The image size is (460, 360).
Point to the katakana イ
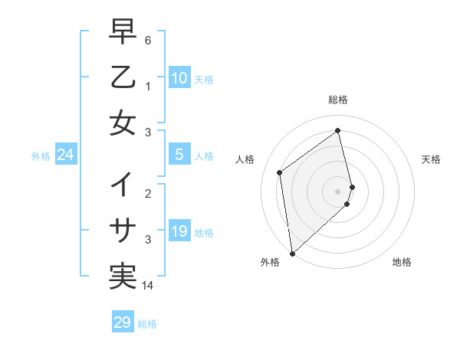tap(123, 185)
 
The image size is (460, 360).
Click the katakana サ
tap(123, 231)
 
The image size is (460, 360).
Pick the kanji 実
tap(123, 277)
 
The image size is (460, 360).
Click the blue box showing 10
tap(179, 77)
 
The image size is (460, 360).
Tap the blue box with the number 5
tap(179, 155)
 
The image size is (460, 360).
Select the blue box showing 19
tap(179, 231)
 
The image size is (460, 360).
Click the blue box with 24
tap(66, 155)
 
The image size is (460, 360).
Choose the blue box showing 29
tap(123, 322)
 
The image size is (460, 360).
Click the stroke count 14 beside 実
tap(148, 285)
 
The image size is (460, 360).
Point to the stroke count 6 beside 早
tap(148, 39)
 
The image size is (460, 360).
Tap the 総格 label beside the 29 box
tap(147, 324)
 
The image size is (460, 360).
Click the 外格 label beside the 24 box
tap(41, 156)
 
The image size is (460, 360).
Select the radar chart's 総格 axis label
tap(338, 100)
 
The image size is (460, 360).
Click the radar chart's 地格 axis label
tap(402, 263)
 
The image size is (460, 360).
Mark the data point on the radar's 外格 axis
tap(292, 253)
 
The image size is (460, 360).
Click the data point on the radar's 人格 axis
tap(280, 172)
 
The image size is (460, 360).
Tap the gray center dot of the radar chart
tap(338, 190)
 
